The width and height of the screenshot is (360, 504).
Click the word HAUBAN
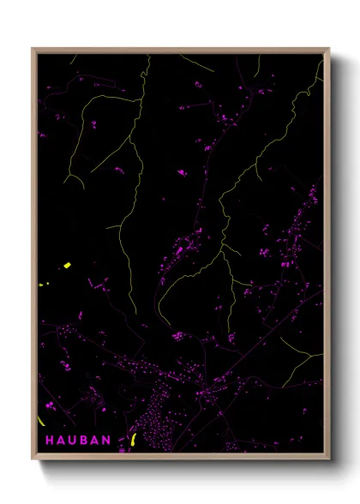pos(77,440)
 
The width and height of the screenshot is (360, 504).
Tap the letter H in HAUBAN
pos(49,440)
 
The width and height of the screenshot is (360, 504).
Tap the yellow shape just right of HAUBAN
pos(132,441)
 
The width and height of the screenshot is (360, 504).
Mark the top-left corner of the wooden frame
pos(33,48)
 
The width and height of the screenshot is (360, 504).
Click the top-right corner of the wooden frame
pos(329,48)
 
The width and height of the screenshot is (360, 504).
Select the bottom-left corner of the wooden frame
pos(33,460)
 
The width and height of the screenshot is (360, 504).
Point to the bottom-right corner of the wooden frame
pos(329,460)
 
